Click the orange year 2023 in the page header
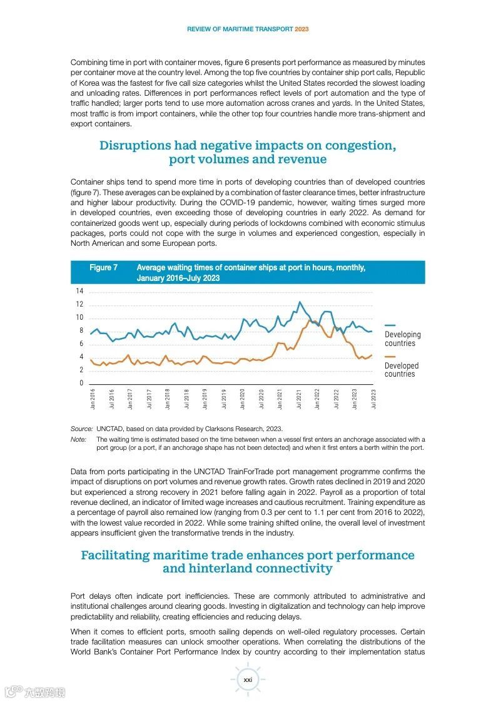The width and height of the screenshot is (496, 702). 301,29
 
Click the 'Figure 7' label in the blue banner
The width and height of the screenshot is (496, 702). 103,268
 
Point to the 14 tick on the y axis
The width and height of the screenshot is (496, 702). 79,292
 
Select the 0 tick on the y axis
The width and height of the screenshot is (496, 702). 81,383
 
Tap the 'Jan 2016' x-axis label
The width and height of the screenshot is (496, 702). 93,399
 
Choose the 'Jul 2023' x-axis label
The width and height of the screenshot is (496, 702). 374,399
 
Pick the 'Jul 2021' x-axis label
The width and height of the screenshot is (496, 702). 299,399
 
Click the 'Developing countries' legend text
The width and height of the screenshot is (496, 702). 402,339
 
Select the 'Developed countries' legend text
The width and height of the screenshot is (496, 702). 401,370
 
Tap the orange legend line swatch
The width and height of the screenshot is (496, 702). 390,356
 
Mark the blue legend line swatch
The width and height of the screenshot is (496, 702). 390,325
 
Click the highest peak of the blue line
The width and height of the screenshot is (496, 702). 299,302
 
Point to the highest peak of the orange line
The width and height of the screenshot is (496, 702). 310,320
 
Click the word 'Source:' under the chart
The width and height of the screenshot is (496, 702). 82,429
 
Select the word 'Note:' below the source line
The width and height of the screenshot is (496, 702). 79,439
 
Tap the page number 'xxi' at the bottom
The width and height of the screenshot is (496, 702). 248,679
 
